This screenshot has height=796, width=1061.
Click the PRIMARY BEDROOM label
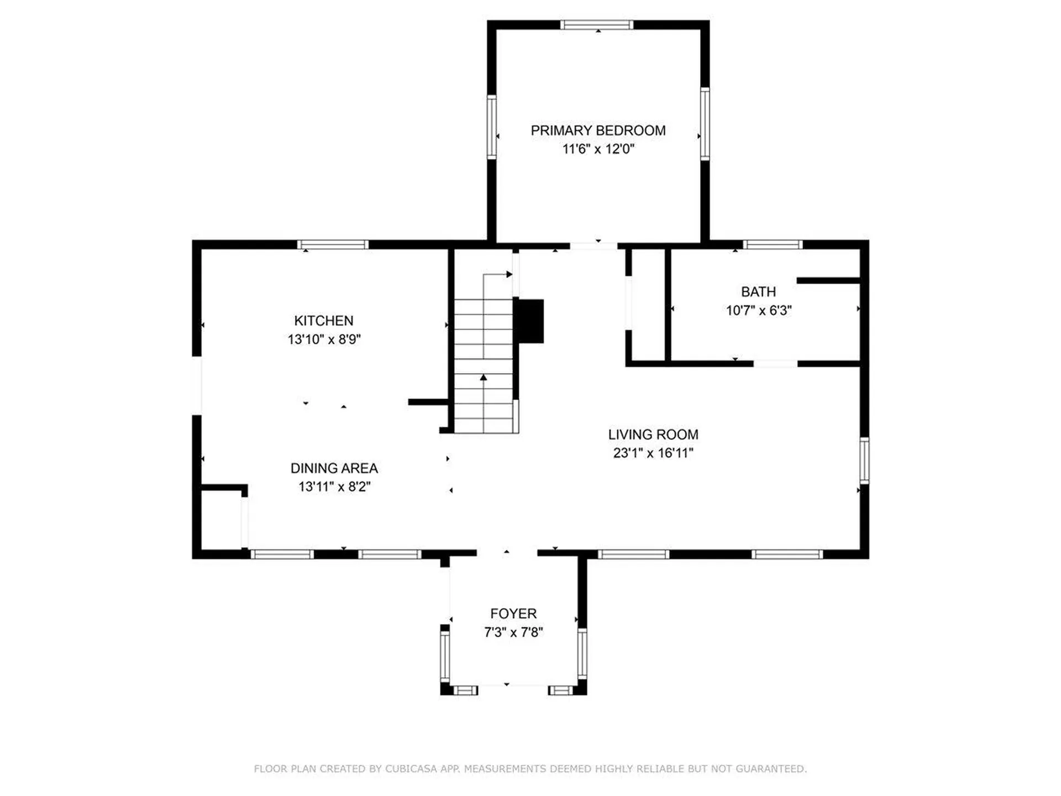(598, 130)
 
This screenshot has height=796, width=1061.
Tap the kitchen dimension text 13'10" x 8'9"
(324, 339)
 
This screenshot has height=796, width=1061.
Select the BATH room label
(758, 292)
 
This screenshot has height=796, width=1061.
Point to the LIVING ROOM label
(653, 434)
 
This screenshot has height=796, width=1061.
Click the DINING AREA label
(334, 468)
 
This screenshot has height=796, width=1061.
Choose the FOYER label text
(513, 614)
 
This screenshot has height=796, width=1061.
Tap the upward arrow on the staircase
(484, 378)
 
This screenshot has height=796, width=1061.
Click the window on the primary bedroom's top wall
(597, 25)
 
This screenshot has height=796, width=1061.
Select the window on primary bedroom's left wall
(492, 127)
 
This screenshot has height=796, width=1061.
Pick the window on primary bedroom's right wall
(705, 124)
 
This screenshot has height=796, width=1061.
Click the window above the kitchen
(333, 245)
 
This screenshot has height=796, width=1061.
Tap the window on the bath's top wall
(773, 245)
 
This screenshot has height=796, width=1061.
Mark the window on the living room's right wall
(864, 460)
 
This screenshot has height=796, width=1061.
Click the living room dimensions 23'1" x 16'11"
(653, 453)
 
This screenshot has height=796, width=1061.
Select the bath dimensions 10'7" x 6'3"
(758, 311)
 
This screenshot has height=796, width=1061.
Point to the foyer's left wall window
(445, 656)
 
